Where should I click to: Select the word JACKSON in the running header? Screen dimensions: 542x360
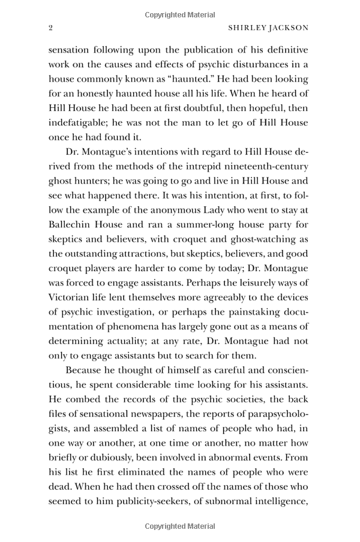coord(288,28)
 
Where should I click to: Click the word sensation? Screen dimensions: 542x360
coord(71,50)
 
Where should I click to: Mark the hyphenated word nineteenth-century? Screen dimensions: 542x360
coord(265,167)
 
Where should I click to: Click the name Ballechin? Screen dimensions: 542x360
coord(73,225)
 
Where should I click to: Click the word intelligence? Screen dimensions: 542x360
coord(276,487)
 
